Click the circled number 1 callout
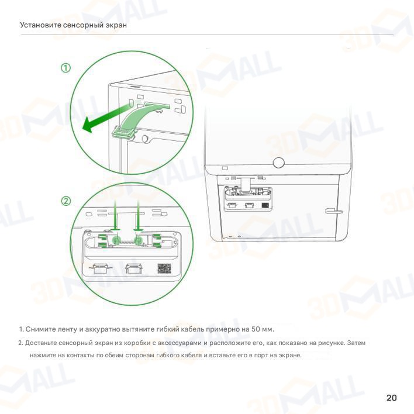65,68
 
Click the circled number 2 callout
65,201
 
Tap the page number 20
391,398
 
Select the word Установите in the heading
41,25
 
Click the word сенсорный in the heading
83,25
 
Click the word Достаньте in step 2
40,343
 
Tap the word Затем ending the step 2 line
356,343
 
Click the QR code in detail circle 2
164,268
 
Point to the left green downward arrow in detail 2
115,215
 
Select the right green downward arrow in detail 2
138,215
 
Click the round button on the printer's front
278,163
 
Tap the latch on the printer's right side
333,211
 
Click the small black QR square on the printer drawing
265,205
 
